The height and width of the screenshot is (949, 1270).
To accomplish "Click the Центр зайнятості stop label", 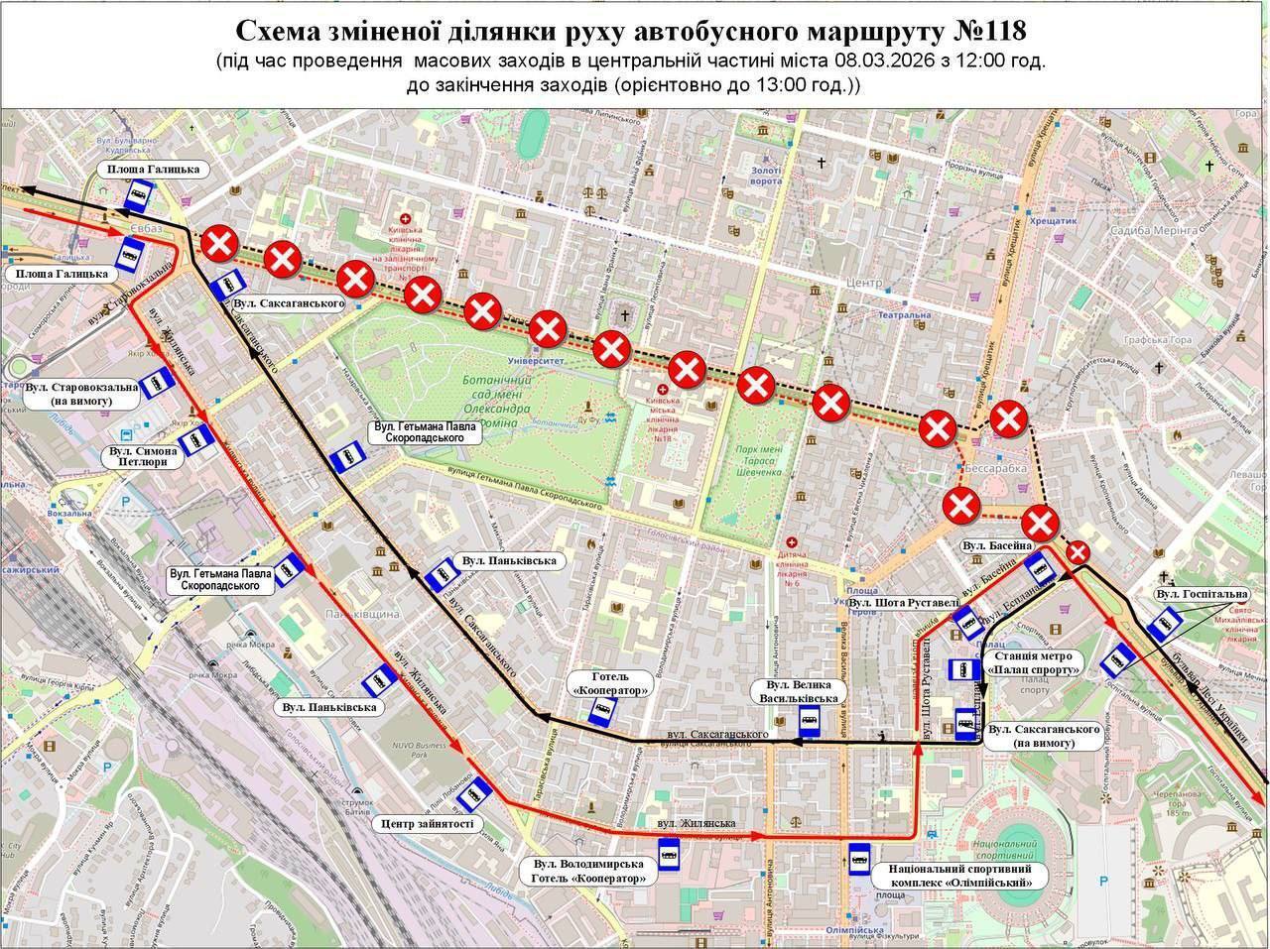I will tap(427, 823).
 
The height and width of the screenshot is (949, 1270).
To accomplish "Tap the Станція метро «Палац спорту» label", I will tap(1031, 662).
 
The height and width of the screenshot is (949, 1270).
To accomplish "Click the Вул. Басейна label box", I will tap(997, 546).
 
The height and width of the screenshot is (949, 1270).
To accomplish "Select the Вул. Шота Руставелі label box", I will tap(904, 602).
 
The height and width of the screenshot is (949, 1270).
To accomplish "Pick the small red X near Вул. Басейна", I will tap(1079, 551).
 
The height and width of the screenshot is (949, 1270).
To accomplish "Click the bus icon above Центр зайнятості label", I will tap(480, 790).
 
